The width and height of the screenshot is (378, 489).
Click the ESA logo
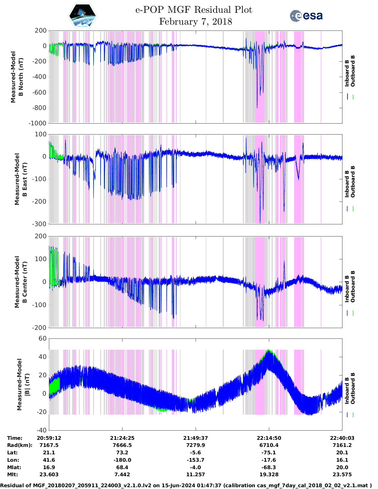point(306,16)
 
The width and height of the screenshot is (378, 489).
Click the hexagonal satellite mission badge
point(82,16)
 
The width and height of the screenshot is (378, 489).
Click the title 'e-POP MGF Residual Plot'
point(194,10)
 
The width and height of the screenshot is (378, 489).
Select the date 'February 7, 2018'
point(195,22)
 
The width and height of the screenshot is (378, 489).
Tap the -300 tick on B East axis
point(40,224)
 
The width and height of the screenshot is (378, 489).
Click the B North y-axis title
point(17,77)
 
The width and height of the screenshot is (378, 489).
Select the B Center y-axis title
point(21,282)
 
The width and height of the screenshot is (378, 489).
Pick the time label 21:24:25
point(122,438)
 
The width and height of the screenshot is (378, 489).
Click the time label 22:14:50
point(269,438)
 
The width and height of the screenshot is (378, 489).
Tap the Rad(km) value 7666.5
point(122,445)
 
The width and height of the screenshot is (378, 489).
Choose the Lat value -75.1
point(269,453)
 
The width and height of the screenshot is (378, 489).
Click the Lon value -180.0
point(122,460)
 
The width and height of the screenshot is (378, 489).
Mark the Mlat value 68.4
point(122,467)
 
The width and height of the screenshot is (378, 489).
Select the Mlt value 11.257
point(195,474)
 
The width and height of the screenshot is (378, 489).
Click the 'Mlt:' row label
point(12,474)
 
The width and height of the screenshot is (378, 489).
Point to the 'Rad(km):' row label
point(20,445)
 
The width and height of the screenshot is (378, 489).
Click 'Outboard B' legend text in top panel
point(353,71)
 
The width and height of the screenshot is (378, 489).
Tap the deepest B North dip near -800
point(257,107)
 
